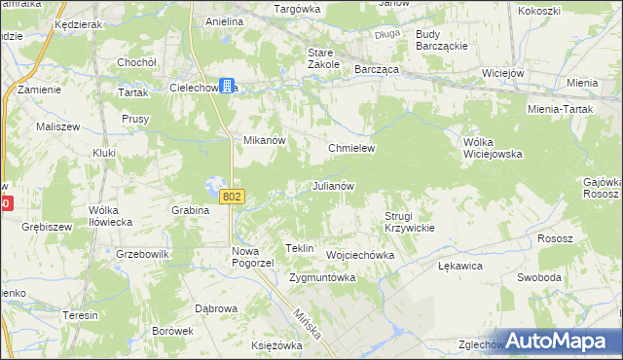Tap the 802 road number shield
231,197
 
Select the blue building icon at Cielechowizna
226,87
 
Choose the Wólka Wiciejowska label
492,147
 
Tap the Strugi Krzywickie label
409,221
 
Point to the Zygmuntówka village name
322,277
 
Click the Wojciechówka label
359,255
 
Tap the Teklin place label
299,249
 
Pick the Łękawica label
460,265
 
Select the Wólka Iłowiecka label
110,215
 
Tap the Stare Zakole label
322,57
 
